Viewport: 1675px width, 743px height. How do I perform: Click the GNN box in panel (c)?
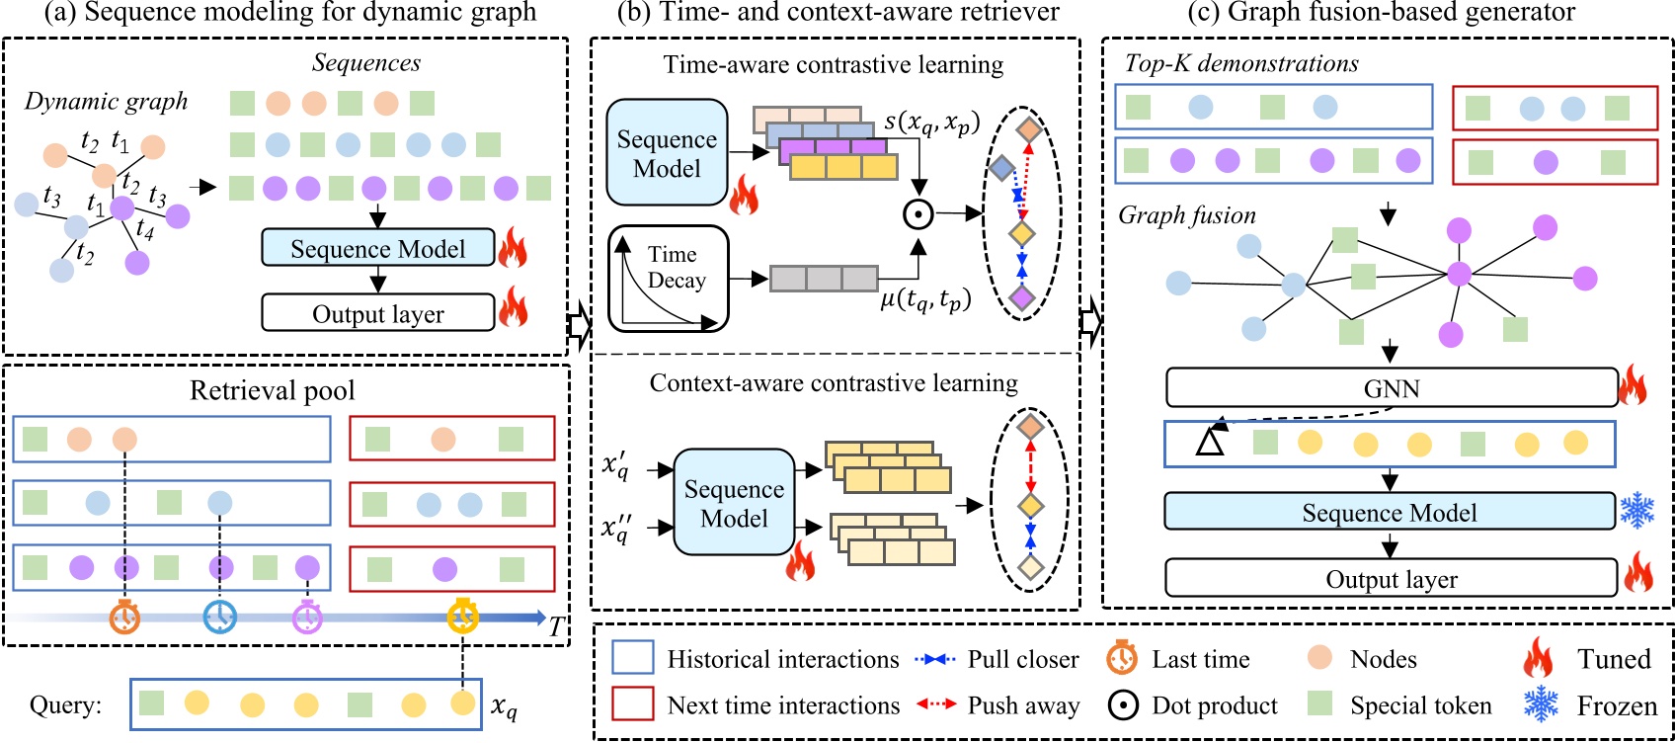tap(1391, 388)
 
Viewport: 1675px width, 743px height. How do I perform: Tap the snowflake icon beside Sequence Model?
tap(1636, 511)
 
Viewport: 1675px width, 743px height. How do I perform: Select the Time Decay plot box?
tap(669, 279)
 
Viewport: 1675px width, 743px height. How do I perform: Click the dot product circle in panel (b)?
tap(918, 213)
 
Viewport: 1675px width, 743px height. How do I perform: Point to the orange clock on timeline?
tap(124, 617)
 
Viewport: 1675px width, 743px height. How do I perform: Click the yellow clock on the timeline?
tap(462, 616)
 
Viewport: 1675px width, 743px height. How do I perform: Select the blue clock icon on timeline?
tap(219, 617)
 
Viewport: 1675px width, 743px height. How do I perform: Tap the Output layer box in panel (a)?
tap(377, 313)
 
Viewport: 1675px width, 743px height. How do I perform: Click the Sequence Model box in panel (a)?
tap(377, 248)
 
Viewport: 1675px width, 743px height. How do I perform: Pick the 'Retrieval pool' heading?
tap(273, 390)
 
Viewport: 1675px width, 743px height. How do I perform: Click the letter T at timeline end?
tap(556, 626)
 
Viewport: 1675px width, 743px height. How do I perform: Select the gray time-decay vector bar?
tap(823, 279)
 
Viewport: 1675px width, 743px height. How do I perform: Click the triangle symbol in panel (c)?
tap(1210, 442)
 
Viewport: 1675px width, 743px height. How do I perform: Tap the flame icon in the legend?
tap(1538, 658)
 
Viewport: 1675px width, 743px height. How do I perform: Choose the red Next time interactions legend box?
tap(632, 704)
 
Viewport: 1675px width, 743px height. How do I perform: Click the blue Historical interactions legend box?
tap(632, 658)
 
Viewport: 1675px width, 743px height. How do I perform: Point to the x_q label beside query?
tap(504, 706)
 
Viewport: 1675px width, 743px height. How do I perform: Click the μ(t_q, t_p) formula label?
tap(925, 297)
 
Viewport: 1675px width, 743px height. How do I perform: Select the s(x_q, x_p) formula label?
tap(931, 122)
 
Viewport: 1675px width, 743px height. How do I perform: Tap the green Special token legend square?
tap(1319, 703)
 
